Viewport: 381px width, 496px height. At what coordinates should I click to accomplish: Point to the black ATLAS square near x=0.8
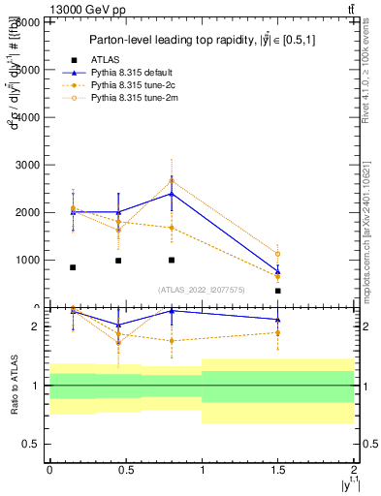click(171, 260)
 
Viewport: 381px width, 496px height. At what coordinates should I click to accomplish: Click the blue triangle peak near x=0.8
click(171, 194)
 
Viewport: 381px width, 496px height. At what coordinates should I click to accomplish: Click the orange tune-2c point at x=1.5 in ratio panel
click(277, 332)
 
